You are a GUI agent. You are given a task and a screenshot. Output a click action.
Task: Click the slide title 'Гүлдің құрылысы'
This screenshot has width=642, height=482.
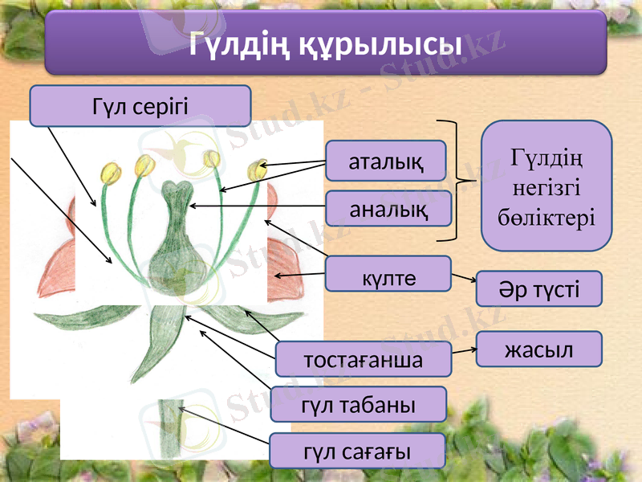click(x=325, y=44)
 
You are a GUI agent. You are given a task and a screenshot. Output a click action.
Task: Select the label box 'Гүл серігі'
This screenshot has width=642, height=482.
click(x=140, y=106)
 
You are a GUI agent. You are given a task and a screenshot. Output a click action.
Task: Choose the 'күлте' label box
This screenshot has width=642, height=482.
click(x=388, y=274)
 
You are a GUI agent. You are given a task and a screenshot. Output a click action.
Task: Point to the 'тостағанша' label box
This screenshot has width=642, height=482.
click(x=363, y=358)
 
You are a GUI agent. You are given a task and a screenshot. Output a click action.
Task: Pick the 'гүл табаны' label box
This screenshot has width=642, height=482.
click(x=358, y=404)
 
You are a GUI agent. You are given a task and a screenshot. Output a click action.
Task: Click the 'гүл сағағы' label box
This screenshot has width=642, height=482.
click(x=357, y=451)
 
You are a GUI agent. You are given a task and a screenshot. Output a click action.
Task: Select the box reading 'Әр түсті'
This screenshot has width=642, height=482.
click(x=538, y=289)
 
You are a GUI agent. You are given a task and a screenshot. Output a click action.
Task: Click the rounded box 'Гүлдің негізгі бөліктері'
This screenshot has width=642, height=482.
click(x=546, y=186)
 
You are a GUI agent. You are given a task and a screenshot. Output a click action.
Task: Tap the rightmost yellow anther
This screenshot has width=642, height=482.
click(x=257, y=170)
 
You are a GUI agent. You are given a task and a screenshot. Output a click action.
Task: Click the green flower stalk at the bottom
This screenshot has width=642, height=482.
click(x=170, y=430)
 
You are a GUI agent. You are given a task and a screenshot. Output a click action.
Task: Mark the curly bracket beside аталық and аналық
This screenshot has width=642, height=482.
click(x=457, y=180)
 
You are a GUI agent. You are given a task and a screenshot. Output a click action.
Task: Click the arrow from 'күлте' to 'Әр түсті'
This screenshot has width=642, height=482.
click(x=463, y=279)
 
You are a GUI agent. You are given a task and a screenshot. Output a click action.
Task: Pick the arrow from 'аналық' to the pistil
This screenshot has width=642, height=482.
click(x=257, y=207)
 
